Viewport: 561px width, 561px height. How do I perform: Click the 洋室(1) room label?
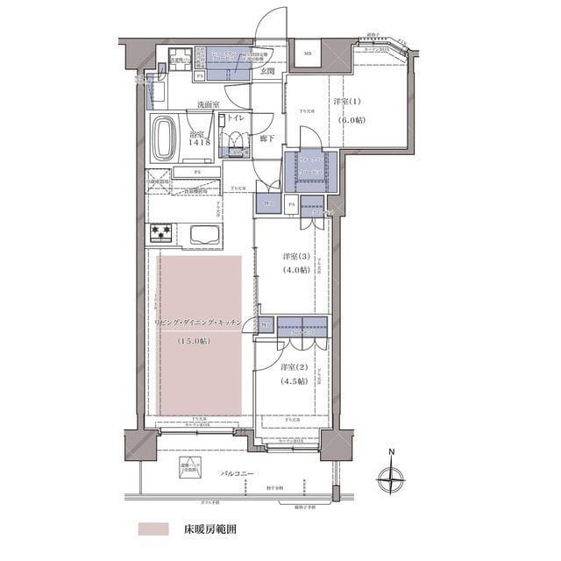click(345, 103)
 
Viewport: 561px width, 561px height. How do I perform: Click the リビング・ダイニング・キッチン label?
click(203, 323)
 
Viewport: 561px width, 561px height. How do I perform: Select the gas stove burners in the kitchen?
click(161, 233)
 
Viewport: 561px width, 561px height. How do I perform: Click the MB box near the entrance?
click(309, 54)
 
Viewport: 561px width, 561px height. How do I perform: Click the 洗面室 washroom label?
click(208, 106)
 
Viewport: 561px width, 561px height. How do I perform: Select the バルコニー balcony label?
click(237, 474)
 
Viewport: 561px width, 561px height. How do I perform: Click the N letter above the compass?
click(392, 453)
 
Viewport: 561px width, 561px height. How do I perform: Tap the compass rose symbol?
click(392, 479)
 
